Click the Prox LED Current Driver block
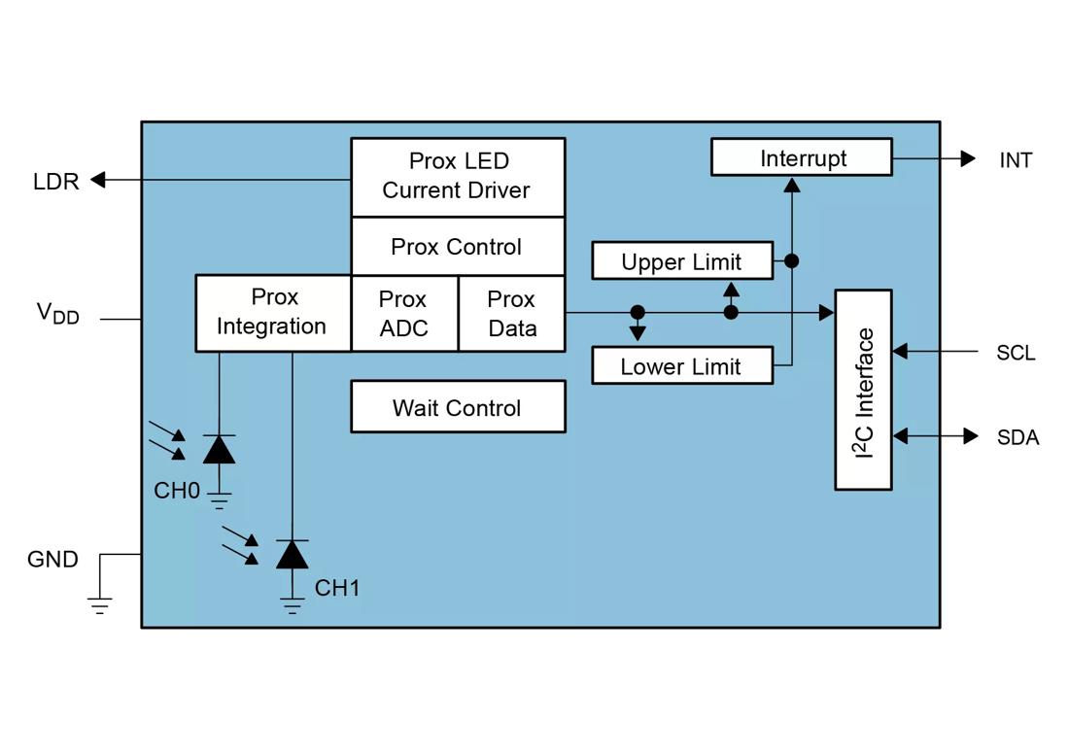(x=457, y=176)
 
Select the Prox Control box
(x=457, y=247)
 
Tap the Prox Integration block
(x=272, y=312)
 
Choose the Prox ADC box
(x=403, y=313)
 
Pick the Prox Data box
(x=511, y=313)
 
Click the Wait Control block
(x=457, y=407)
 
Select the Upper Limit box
(x=681, y=261)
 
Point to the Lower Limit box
(x=681, y=366)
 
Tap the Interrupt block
(x=801, y=157)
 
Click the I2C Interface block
(x=863, y=390)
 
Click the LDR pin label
(x=55, y=182)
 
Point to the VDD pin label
(x=57, y=313)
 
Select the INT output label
(x=1016, y=160)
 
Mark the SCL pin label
(x=1016, y=353)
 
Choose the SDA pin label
(x=1017, y=437)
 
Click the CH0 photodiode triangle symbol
(x=219, y=450)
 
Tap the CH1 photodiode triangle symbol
(x=292, y=555)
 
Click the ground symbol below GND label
(x=100, y=605)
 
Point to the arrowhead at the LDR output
(x=98, y=180)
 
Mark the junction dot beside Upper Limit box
(x=791, y=260)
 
